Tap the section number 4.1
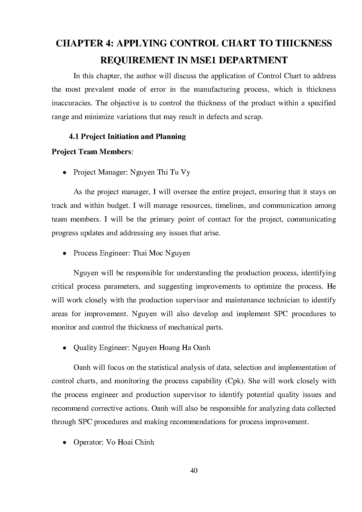(74, 137)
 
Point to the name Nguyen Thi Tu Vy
(160, 172)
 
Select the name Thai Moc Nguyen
(161, 253)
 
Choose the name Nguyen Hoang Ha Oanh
(171, 348)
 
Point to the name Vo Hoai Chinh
(130, 442)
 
